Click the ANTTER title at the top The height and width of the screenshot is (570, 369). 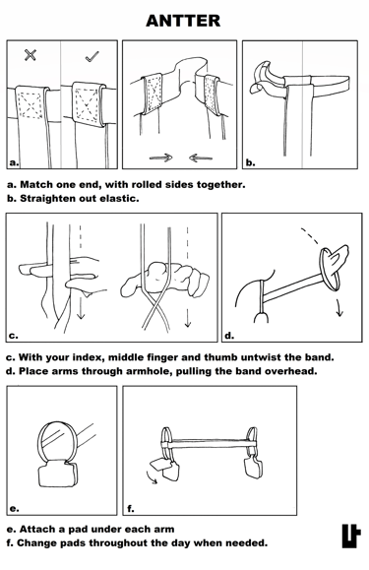click(x=183, y=21)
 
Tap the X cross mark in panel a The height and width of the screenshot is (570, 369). click(x=31, y=55)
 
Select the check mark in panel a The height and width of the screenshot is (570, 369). click(x=92, y=56)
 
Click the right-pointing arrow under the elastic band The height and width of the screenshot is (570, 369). click(x=161, y=158)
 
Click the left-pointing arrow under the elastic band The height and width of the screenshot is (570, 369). click(x=201, y=158)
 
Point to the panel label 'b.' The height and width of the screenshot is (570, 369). click(x=250, y=162)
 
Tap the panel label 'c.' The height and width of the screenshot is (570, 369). click(x=13, y=336)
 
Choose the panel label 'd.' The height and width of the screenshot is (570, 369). click(x=229, y=335)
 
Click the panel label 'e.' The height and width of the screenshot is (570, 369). click(x=14, y=509)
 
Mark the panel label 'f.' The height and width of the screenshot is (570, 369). click(x=131, y=509)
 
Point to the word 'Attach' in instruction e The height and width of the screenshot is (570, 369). click(x=36, y=529)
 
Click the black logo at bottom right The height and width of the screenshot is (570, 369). click(x=351, y=536)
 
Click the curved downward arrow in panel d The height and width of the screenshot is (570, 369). click(x=339, y=307)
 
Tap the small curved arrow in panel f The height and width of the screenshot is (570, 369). click(x=152, y=477)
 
